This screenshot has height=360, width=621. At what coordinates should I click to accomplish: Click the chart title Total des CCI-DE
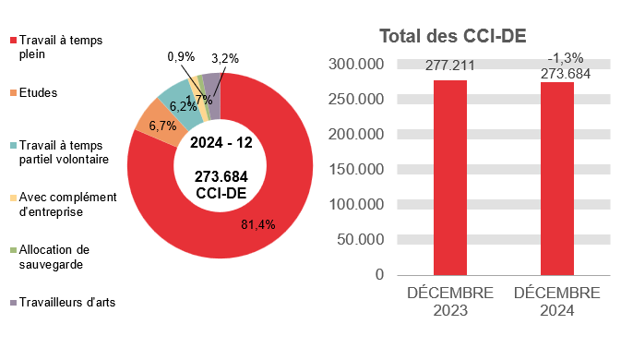click(453, 36)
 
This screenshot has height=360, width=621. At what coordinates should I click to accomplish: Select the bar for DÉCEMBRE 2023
click(450, 177)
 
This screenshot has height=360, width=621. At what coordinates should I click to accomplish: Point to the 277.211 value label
click(450, 66)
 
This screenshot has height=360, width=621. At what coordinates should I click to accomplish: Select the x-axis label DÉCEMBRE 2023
click(450, 302)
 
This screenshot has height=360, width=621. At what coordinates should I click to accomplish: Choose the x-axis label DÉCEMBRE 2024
click(556, 302)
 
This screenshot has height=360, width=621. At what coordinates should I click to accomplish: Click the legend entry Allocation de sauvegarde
click(66, 256)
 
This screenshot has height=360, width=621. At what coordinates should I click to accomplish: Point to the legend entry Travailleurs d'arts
click(66, 302)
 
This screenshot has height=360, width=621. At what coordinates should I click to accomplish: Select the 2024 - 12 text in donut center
click(221, 143)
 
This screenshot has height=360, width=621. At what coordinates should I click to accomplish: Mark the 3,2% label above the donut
click(224, 58)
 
